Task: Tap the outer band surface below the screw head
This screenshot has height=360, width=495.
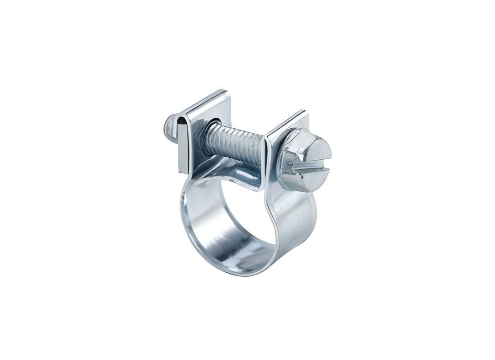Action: pos(292,216)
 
